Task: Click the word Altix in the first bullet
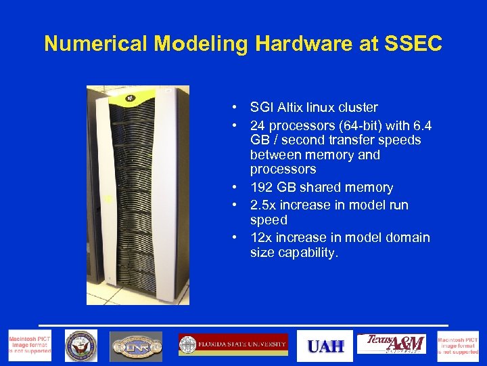(292, 107)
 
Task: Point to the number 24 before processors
(258, 125)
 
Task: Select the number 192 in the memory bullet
(261, 187)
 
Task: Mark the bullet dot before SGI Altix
(232, 108)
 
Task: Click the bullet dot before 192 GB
(232, 188)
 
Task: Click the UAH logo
(326, 346)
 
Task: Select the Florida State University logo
(233, 345)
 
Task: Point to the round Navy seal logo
(81, 346)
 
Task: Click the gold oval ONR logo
(136, 346)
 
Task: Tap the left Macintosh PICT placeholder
(28, 346)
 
